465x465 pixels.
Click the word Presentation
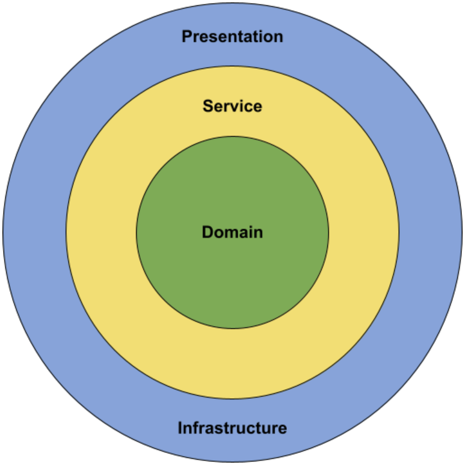pyautogui.click(x=232, y=37)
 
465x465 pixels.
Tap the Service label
pyautogui.click(x=232, y=106)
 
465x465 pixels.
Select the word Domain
pyautogui.click(x=232, y=232)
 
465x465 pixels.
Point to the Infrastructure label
pyautogui.click(x=232, y=428)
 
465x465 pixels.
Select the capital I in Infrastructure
pyautogui.click(x=180, y=428)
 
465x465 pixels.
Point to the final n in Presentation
pyautogui.click(x=278, y=37)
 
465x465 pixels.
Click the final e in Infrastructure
pyautogui.click(x=282, y=429)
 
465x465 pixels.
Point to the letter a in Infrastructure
pyautogui.click(x=208, y=429)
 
